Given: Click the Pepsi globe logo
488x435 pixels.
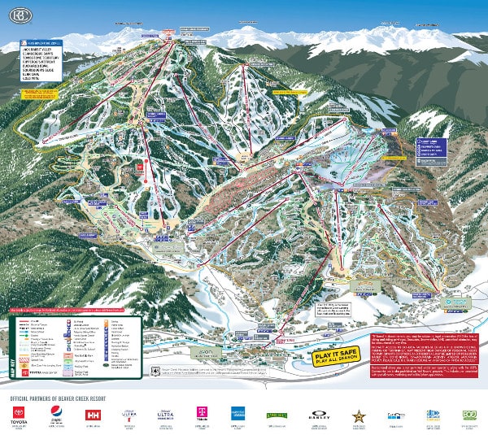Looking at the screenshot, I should [56, 414].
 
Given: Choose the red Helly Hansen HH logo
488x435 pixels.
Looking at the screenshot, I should [92, 414].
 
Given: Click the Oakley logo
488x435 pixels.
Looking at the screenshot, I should [316, 415].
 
